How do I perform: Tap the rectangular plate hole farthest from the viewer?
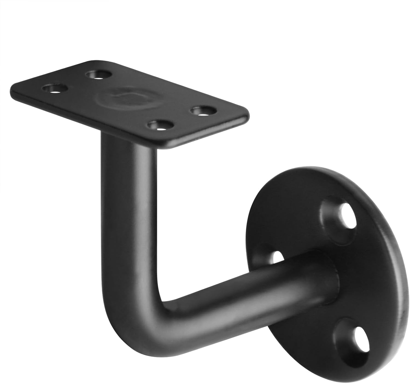coord(99,74)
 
